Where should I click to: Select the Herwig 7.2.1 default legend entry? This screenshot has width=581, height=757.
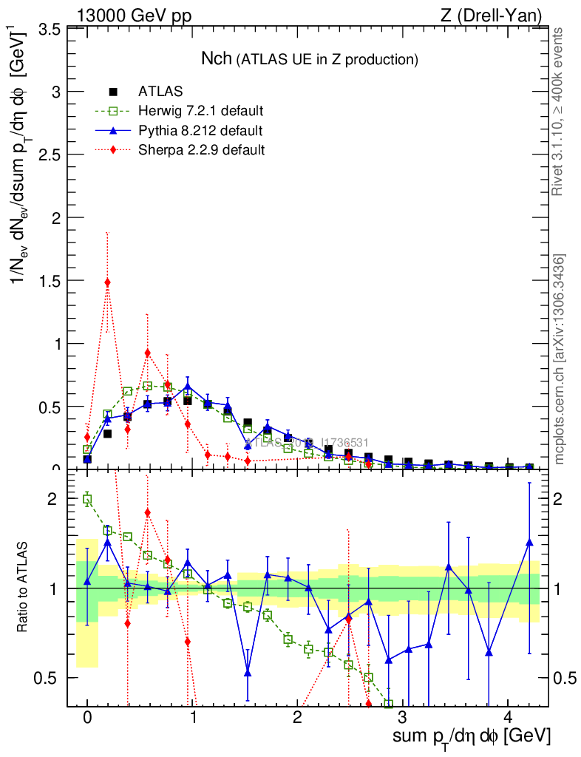coord(200,112)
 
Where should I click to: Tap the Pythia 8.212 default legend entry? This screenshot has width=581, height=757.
coord(200,131)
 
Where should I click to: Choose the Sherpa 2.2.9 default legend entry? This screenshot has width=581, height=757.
coord(200,150)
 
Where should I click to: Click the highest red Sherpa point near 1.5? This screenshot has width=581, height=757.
coord(107,282)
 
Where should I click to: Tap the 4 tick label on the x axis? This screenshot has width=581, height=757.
coord(508,718)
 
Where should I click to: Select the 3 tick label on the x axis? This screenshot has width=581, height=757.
coord(403,718)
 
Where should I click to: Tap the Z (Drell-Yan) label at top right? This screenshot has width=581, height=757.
coord(499,15)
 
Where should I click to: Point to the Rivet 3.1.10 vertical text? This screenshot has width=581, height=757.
coord(558,111)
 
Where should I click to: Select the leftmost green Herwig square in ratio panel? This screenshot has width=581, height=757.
coord(87,500)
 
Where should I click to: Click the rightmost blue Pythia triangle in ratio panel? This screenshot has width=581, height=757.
coord(529,543)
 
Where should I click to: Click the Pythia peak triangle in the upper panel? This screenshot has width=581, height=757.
coord(188,386)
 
